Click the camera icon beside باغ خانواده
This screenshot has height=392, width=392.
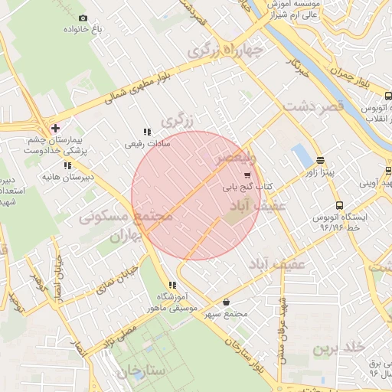pos(83,18)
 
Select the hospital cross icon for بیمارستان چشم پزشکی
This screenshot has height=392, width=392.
pos(54,127)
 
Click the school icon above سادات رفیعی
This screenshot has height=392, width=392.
pos(147,131)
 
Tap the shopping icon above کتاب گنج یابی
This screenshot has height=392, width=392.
pos(246,175)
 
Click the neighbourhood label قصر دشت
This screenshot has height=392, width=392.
pos(313,108)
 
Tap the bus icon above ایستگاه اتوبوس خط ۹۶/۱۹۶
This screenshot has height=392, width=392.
pos(339,205)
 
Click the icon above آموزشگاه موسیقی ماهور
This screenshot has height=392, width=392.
pos(171,286)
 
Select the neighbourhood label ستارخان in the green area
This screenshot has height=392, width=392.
pos(142,372)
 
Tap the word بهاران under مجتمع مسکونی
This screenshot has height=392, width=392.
pos(127,237)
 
